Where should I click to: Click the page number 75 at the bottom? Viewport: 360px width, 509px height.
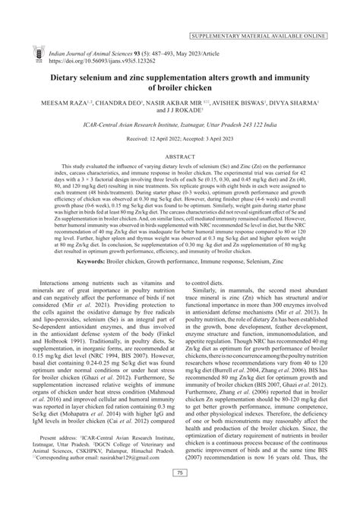point(180,495)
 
